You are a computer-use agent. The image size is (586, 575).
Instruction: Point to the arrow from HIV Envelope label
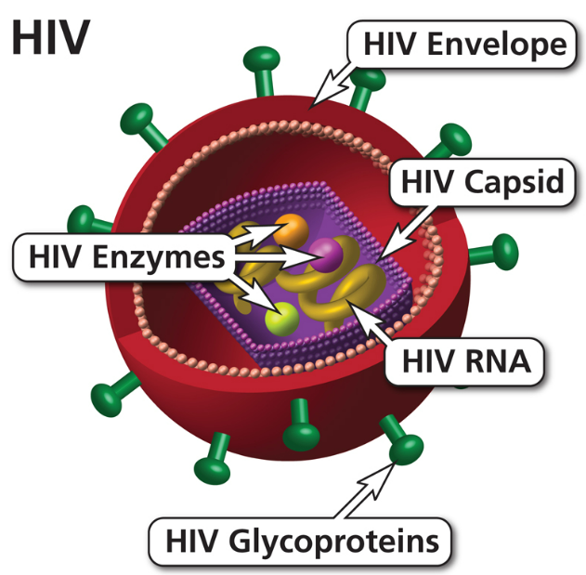coord(336,85)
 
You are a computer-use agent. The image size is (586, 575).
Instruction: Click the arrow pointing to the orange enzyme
coord(256,236)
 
